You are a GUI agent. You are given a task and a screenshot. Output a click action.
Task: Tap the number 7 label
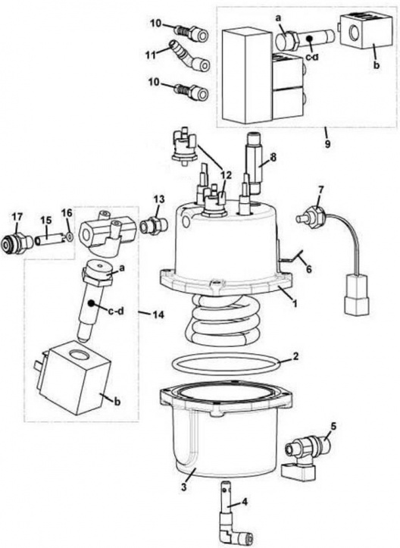click(320, 188)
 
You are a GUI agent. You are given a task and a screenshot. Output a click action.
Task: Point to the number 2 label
click(296, 355)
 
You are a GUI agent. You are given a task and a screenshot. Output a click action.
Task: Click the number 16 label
click(66, 213)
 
